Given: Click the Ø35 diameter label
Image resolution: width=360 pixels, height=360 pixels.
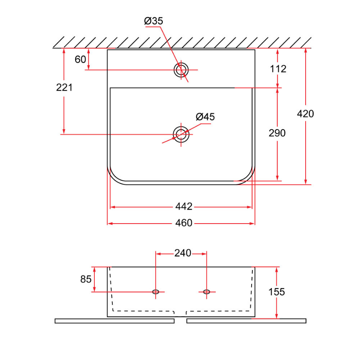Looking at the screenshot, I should coord(154,21).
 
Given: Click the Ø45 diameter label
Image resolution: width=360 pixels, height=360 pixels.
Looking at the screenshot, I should coord(205,117).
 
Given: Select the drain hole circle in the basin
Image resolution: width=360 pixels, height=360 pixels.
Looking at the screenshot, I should coord(181,134).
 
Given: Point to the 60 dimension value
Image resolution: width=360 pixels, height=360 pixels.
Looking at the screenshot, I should coord(80,59).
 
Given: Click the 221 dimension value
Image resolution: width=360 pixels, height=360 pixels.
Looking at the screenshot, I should coord(64,87).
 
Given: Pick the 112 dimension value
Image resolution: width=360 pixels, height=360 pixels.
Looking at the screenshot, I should coord(278,69).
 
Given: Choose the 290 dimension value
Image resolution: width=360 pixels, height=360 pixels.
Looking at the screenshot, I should coord(277,133).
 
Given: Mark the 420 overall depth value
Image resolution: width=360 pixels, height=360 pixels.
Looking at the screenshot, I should coord(305,114).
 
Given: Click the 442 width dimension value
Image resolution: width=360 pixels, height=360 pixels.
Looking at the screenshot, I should coord(184,206).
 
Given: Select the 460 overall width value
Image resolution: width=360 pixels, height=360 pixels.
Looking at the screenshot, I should coord(184,223).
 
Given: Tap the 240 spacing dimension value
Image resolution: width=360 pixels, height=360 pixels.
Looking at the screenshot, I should coord(182,253).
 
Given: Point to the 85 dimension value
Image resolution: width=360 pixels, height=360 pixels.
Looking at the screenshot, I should coord(86,279).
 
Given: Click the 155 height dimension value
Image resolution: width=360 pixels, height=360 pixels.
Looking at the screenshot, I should coord(277,292).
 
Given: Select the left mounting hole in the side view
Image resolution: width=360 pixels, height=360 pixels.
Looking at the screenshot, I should coord(156,292).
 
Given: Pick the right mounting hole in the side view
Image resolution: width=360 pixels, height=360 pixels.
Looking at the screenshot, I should coord(206,292).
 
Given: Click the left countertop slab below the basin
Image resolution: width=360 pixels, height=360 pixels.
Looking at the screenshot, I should coord(114,321).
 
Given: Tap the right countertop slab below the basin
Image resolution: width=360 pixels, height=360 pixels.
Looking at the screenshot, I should coord(246,321).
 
